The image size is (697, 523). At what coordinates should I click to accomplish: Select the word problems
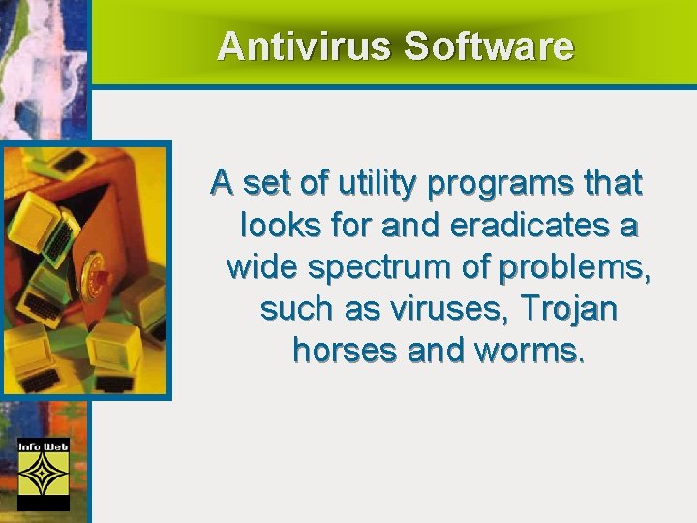[580, 266]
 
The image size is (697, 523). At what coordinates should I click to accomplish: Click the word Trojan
[569, 309]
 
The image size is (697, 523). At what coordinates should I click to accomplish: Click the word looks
[274, 225]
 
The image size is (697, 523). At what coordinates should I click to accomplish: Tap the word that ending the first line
[610, 182]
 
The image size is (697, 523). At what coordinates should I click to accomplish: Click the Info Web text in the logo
[44, 446]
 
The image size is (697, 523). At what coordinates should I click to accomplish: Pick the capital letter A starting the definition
[222, 182]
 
